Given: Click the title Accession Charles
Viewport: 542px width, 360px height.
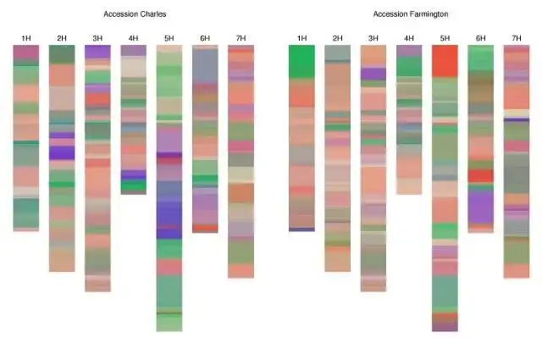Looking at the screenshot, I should coord(135,14).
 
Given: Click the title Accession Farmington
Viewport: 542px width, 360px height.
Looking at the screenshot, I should coord(410,14).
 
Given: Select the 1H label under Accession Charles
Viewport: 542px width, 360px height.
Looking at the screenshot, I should coord(26,38).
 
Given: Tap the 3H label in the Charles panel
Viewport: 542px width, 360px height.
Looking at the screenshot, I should coord(97,38).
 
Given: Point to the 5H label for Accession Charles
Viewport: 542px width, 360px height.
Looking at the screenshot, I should coord(169,38).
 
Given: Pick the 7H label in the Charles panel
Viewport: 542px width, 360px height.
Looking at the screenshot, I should coord(241,38).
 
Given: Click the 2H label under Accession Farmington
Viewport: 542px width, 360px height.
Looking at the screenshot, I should coord(337,38).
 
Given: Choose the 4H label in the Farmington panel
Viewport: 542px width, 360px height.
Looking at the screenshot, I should coord(409,38).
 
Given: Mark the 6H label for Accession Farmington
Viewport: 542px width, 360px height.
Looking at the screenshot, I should coord(480,38).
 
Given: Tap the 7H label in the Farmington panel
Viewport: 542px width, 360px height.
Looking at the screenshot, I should coord(517,38).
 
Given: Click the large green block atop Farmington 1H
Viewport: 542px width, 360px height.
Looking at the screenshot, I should coord(301,62).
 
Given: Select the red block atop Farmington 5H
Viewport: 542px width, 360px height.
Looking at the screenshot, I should coord(445,60).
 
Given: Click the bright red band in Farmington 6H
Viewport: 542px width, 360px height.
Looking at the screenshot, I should coord(480,175).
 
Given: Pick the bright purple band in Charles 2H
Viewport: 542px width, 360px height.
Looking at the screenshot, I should coord(62,152).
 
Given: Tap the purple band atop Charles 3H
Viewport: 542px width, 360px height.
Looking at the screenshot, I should coord(97,52).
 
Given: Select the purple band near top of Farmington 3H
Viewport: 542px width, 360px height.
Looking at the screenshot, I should coord(373,74).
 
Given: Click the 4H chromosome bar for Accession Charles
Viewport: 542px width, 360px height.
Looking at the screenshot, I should coord(133,119).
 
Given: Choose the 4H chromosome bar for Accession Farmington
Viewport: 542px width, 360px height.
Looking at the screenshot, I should coord(409,119).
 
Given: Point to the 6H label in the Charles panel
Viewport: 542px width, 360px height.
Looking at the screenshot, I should coord(205,38).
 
